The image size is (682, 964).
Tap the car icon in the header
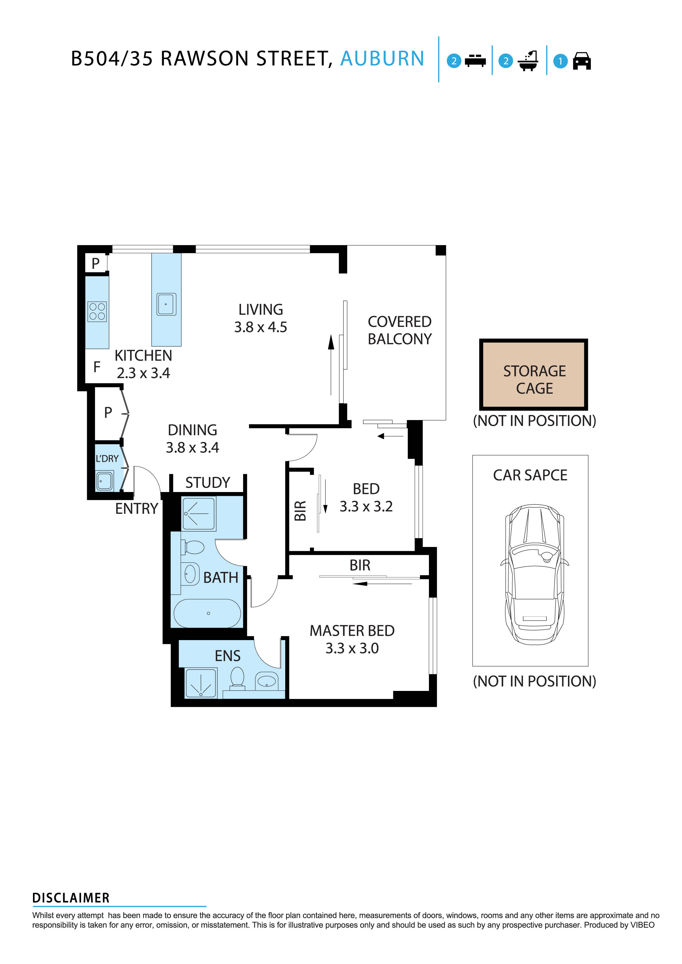(582, 61)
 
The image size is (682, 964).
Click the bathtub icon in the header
(528, 61)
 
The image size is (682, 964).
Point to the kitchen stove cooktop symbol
(97, 312)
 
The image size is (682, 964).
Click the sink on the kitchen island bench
(166, 304)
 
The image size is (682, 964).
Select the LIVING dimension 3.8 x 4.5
(260, 327)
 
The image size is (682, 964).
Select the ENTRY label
(137, 509)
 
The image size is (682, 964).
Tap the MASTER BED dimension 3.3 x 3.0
(352, 648)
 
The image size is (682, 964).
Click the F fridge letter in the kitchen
(97, 367)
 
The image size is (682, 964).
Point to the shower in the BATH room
(199, 513)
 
